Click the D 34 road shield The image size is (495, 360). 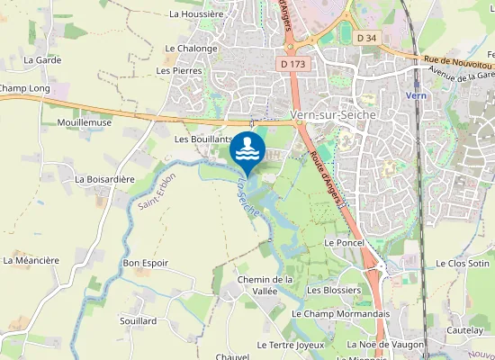(365, 38)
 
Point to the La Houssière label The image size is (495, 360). (196, 14)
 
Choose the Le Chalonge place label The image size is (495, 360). (191, 49)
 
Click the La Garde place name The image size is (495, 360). (41, 59)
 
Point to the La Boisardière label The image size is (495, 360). (104, 179)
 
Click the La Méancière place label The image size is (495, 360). (31, 260)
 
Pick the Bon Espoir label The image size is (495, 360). (146, 263)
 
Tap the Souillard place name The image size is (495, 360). (138, 320)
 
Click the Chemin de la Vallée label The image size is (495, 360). (265, 285)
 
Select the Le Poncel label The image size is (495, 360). (343, 243)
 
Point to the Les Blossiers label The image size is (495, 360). (334, 290)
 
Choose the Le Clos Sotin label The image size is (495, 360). (461, 263)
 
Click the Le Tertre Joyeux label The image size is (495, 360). (290, 345)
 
